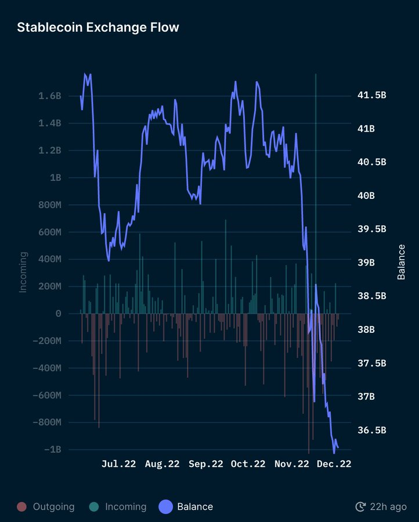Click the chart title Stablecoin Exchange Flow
point(98,27)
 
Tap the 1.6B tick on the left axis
point(50,96)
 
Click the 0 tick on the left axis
point(58,314)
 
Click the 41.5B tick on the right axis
point(372,95)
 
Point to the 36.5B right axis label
point(372,430)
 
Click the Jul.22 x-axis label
point(119,464)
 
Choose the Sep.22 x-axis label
point(205,464)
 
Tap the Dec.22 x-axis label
point(334,464)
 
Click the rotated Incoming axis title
point(23,271)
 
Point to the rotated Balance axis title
point(401,262)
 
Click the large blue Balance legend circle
point(166,507)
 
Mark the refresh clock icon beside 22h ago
point(360,507)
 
